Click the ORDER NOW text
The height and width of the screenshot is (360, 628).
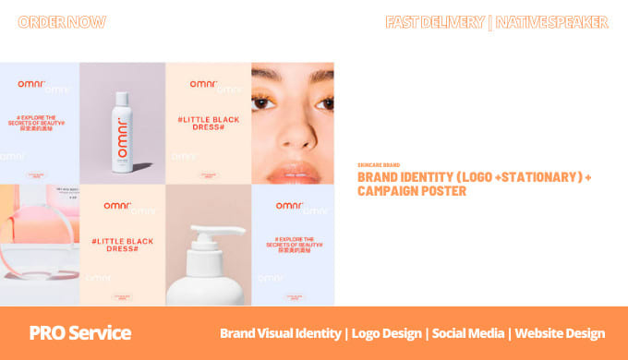click(62, 22)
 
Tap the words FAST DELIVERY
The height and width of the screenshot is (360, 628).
click(434, 22)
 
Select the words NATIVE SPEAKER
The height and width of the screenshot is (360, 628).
click(551, 22)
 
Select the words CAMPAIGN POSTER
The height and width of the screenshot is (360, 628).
click(411, 191)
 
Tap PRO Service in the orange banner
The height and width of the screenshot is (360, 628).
click(79, 332)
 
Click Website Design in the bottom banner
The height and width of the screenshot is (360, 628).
click(560, 333)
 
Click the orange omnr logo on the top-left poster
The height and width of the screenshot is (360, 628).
click(33, 83)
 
